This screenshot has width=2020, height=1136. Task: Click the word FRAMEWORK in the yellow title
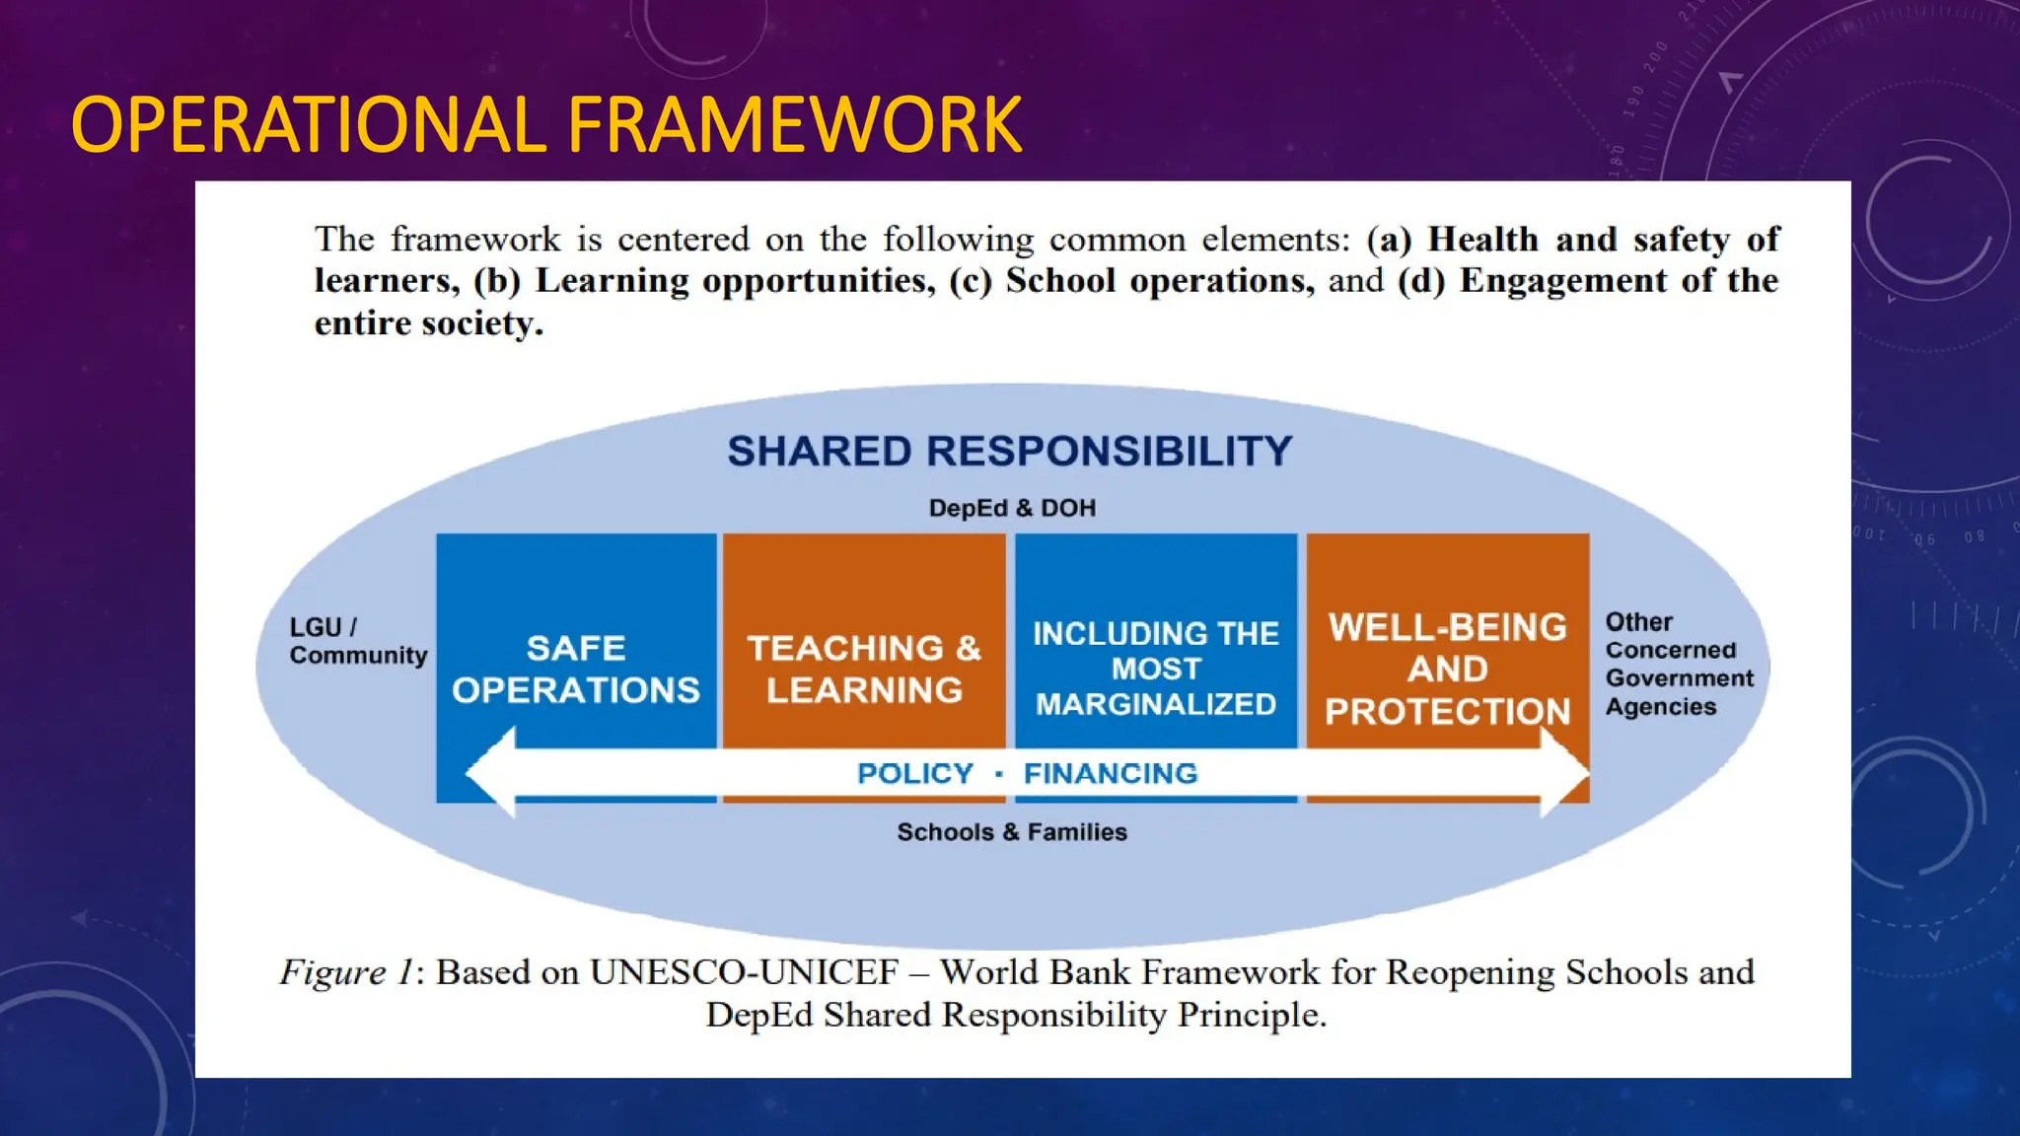(x=794, y=125)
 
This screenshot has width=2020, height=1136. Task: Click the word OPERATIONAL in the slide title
(x=309, y=125)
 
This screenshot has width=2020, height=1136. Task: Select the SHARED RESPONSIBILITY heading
(x=1010, y=452)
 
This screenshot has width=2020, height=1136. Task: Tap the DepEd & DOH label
(x=1012, y=508)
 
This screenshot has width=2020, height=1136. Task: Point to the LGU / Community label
(x=357, y=641)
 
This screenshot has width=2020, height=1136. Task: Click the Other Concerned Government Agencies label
(x=1679, y=665)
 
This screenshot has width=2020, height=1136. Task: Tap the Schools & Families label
(x=1012, y=832)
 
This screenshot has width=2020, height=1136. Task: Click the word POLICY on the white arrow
(x=915, y=774)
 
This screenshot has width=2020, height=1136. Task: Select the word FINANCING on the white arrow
(x=1111, y=774)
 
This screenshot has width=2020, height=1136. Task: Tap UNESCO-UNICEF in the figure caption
(x=745, y=972)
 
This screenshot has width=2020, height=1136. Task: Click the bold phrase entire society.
(x=428, y=323)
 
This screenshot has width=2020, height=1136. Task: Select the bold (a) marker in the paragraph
(x=1389, y=240)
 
